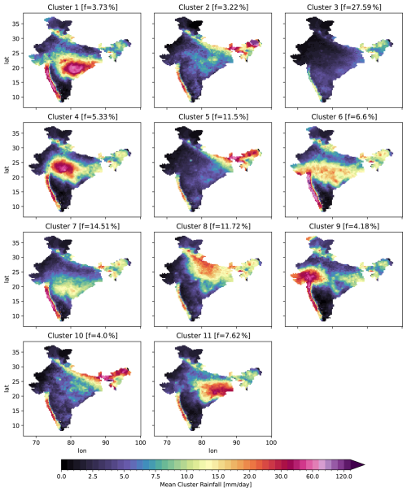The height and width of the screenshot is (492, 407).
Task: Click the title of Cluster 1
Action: pyautogui.click(x=82, y=7)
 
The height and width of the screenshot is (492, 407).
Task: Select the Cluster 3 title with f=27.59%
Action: pyautogui.click(x=344, y=7)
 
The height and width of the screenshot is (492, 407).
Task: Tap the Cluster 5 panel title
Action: pyautogui.click(x=213, y=116)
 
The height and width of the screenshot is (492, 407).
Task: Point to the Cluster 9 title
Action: pyautogui.click(x=344, y=226)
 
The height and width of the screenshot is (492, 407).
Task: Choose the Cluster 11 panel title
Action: pyautogui.click(x=213, y=335)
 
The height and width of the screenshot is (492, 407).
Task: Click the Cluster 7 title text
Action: pyautogui.click(x=82, y=226)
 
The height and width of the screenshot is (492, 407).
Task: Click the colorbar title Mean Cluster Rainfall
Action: pyautogui.click(x=206, y=485)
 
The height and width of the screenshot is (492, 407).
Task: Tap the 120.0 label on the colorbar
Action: pyautogui.click(x=344, y=477)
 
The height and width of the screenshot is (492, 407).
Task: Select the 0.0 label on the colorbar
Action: pyautogui.click(x=61, y=477)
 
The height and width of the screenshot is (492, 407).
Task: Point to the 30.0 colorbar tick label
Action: pyautogui.click(x=281, y=477)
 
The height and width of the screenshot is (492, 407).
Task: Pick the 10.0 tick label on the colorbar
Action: pyautogui.click(x=187, y=477)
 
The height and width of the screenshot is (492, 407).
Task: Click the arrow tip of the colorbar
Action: pyautogui.click(x=365, y=464)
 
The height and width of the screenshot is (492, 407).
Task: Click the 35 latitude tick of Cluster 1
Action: pyautogui.click(x=15, y=24)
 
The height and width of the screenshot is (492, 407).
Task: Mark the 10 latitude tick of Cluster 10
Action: pyautogui.click(x=15, y=425)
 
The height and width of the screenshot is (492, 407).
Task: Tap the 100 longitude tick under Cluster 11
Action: pyautogui.click(x=271, y=442)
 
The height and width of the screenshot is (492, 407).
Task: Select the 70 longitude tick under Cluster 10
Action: pyautogui.click(x=36, y=442)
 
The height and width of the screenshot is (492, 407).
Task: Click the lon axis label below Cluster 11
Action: pyautogui.click(x=213, y=451)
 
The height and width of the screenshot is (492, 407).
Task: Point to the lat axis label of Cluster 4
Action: pyautogui.click(x=7, y=170)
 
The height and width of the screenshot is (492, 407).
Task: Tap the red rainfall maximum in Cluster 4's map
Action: pyautogui.click(x=63, y=166)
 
